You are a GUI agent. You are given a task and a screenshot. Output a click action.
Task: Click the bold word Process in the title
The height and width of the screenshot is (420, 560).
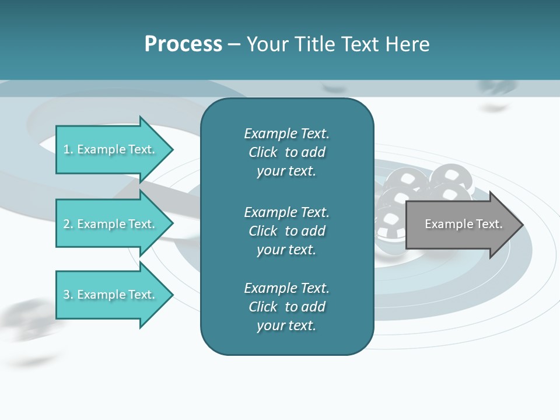click(x=183, y=44)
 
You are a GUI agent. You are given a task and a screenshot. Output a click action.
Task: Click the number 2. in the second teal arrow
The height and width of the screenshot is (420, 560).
click(x=68, y=224)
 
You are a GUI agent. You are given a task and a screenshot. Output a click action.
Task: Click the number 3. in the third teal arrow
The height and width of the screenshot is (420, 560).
click(x=68, y=295)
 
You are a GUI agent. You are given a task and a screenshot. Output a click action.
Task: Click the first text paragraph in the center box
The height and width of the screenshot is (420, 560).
click(x=286, y=152)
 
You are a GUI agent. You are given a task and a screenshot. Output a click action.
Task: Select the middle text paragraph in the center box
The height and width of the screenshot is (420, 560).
click(x=286, y=231)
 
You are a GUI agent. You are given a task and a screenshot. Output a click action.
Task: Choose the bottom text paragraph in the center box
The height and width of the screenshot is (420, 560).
click(x=286, y=307)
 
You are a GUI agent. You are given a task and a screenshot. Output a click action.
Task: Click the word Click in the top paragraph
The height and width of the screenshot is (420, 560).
click(x=263, y=152)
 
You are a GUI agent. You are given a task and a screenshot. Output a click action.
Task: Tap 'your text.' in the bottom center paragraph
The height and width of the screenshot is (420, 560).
click(x=286, y=325)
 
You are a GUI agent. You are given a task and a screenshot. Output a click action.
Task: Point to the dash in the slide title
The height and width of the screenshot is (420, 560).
click(x=235, y=44)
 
